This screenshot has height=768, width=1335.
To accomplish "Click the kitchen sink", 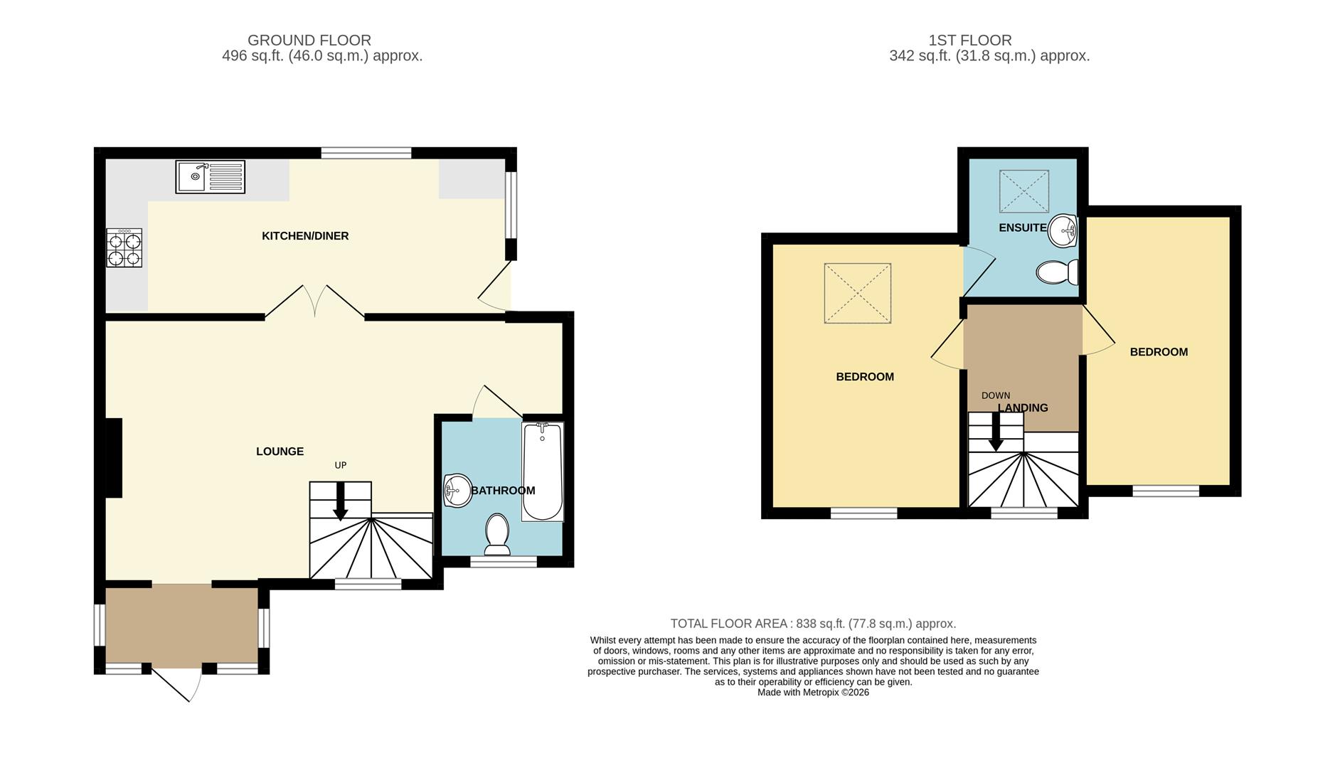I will coord(210,176).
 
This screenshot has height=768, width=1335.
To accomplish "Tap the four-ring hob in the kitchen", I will coord(124,247).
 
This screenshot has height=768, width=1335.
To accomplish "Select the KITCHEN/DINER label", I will coord(305,236).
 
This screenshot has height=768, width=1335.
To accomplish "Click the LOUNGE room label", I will coord(280,452).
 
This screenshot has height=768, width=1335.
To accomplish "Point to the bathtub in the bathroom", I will coord(542,471).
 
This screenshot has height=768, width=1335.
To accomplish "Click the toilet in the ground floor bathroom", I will coord(497,533).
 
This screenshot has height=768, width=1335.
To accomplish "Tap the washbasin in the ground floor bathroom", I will coord(457,490).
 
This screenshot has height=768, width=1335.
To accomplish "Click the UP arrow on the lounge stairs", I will coord(341,501).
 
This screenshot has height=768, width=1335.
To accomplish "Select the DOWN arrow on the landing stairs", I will coord(996,432).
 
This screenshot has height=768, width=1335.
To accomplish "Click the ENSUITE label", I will coord(1022,228).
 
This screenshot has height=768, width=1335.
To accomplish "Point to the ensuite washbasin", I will coord(1063,230).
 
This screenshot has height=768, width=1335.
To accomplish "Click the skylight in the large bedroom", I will coord(857,293).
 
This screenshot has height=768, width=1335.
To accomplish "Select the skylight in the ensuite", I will coord(1023,191).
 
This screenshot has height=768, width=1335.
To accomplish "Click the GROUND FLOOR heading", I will coord(309,41).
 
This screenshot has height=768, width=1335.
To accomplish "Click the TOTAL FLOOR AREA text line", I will coord(813,624).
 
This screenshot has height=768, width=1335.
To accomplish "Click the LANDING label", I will coord(1023,408).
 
